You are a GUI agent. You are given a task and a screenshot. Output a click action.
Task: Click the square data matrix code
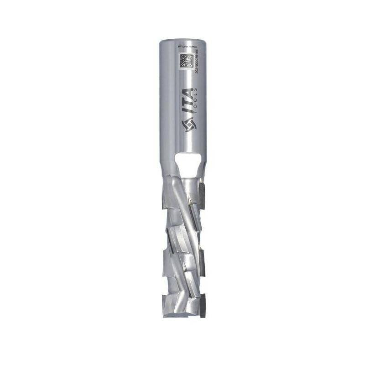point(183,61)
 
